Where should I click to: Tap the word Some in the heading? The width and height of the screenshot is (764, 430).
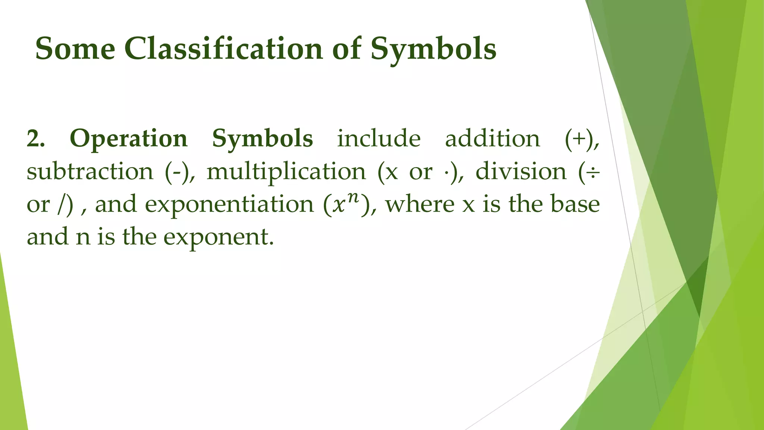coord(75,49)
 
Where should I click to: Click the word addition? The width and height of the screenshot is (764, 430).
coord(492,138)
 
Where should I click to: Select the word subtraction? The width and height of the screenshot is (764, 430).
coord(90,172)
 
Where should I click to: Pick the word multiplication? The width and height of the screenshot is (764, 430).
coord(286,172)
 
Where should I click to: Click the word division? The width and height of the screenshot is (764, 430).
coord(521,171)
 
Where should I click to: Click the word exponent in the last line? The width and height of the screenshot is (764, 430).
coord(216,237)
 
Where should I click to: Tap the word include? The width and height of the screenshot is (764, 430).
coord(379,138)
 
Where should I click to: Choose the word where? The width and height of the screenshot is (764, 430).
coord(420,204)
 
